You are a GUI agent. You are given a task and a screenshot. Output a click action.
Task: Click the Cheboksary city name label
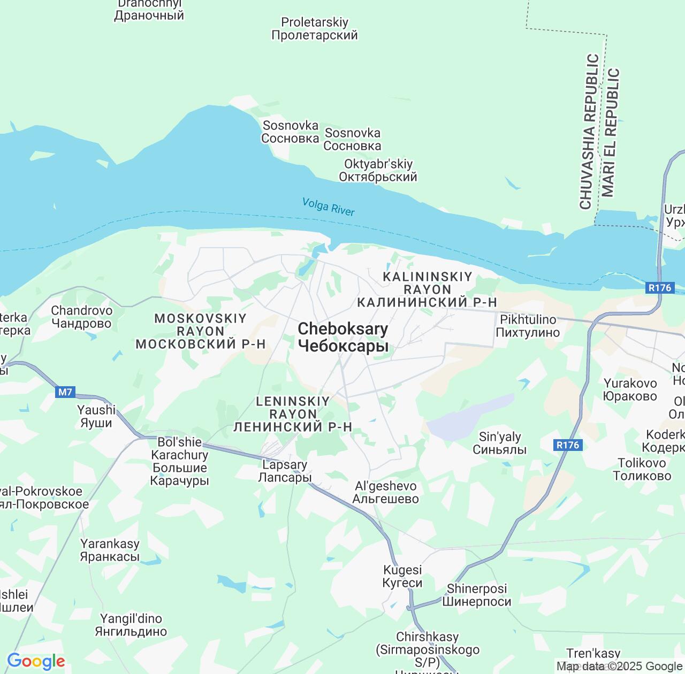[x=343, y=338]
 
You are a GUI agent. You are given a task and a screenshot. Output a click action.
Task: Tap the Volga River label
[x=328, y=206]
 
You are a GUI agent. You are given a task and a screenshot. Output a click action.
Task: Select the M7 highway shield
[x=65, y=392]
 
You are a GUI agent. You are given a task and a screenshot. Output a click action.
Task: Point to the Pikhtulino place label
[x=528, y=326]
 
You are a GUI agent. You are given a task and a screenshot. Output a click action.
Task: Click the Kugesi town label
[x=402, y=576]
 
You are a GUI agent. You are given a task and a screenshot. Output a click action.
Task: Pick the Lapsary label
[x=284, y=471]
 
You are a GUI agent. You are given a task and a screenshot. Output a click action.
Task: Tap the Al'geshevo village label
[x=385, y=492]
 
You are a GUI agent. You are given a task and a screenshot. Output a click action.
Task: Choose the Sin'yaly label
[x=499, y=443]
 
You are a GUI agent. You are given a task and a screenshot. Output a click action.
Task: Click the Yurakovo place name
[x=630, y=389]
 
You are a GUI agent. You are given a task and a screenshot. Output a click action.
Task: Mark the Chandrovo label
[x=81, y=317]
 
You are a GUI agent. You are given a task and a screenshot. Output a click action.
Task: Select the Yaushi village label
[x=96, y=416]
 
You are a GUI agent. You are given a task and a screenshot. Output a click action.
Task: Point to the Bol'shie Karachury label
[x=179, y=461]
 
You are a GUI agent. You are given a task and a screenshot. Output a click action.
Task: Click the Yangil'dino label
[x=131, y=625]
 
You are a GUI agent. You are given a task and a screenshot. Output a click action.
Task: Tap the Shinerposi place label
[x=476, y=595]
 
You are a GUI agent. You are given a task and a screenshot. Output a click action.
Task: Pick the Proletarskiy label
[x=315, y=29]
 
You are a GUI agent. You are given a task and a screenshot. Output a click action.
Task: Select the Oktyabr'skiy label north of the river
[x=378, y=170]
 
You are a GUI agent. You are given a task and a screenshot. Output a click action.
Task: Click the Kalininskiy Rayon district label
[x=427, y=289]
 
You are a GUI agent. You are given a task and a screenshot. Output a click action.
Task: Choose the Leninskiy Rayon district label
[x=293, y=413]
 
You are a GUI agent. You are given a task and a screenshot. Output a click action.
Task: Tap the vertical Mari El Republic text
[x=610, y=132]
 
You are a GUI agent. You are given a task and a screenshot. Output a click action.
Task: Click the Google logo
[x=36, y=662]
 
